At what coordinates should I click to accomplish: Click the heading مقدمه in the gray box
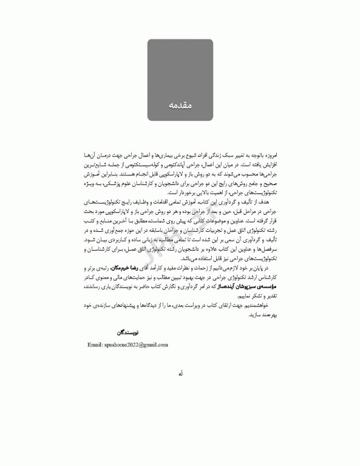(180, 106)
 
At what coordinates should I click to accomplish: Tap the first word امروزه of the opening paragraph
(268, 157)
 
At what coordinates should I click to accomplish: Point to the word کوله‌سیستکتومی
(140, 165)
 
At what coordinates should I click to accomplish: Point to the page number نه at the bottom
(180, 374)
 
